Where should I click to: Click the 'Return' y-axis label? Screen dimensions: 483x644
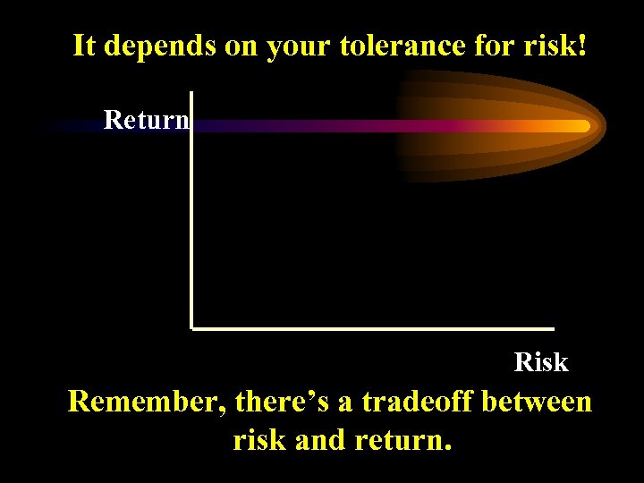point(146,119)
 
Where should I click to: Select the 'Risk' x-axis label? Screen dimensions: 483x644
point(541,362)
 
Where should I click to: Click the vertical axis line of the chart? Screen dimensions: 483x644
point(191,224)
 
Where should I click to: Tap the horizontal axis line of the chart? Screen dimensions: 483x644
point(376,328)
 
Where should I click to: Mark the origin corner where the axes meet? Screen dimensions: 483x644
point(192,328)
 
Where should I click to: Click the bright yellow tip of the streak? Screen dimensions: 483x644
point(581,126)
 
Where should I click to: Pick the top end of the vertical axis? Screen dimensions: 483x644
point(191,93)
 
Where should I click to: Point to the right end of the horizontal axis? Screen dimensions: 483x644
point(552,328)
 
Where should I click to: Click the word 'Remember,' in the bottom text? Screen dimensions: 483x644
point(147,402)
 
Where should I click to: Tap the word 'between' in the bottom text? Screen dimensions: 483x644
point(537,402)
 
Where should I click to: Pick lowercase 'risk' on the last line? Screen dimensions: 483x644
point(258,440)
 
